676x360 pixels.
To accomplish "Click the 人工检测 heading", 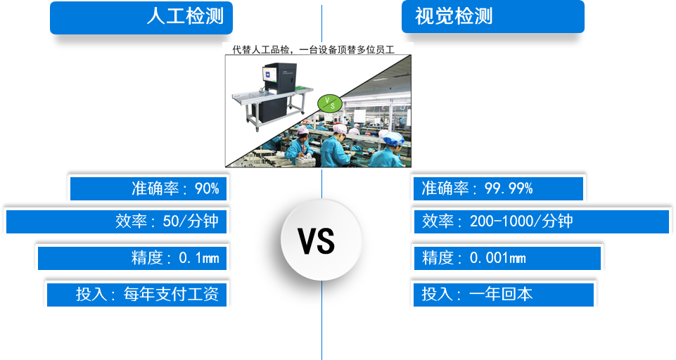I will pos(141,17).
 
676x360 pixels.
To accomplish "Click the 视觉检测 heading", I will pos(492,17).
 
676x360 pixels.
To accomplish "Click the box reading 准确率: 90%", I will pos(149,188).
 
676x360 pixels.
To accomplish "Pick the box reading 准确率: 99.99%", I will pos(498,188).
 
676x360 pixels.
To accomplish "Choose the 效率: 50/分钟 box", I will pos(117,221).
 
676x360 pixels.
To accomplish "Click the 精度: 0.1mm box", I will pos(133,258).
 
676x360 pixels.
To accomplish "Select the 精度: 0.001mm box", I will pos(506,258).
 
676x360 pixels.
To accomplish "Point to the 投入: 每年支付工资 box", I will pos(138,295).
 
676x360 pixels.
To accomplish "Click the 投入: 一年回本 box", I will pos(503,295).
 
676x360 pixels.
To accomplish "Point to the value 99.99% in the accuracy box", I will pos(509,188).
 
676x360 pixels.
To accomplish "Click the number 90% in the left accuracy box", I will pos(207,188).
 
